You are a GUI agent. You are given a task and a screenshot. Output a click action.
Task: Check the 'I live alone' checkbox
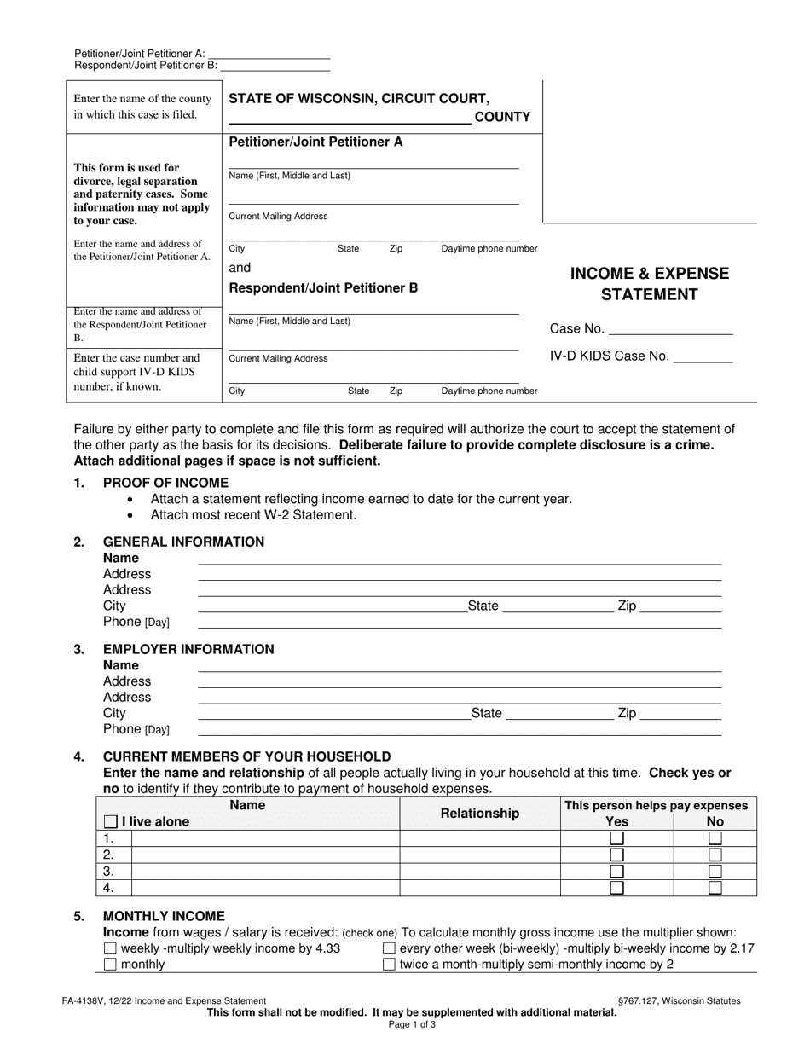110,822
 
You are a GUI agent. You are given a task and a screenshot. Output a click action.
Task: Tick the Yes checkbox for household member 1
616,839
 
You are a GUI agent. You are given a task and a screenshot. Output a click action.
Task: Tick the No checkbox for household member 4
715,888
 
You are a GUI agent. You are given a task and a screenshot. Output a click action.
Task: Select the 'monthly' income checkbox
110,965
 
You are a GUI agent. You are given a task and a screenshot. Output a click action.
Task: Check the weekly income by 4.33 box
110,948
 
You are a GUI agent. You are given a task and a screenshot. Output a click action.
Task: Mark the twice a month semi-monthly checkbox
390,965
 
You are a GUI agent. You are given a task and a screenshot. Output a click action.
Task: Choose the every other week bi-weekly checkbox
390,948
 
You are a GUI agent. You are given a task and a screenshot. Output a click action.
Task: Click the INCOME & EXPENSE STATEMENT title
650,284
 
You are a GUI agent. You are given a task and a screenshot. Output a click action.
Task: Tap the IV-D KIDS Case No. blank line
703,358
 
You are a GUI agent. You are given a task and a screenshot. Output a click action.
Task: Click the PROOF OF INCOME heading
165,483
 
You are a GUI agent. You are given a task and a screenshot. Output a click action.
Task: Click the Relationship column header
479,814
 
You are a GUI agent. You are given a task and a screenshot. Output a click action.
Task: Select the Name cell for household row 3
264,872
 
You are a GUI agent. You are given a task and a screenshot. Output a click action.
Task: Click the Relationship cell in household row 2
479,855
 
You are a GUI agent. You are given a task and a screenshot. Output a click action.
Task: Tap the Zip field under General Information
680,606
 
